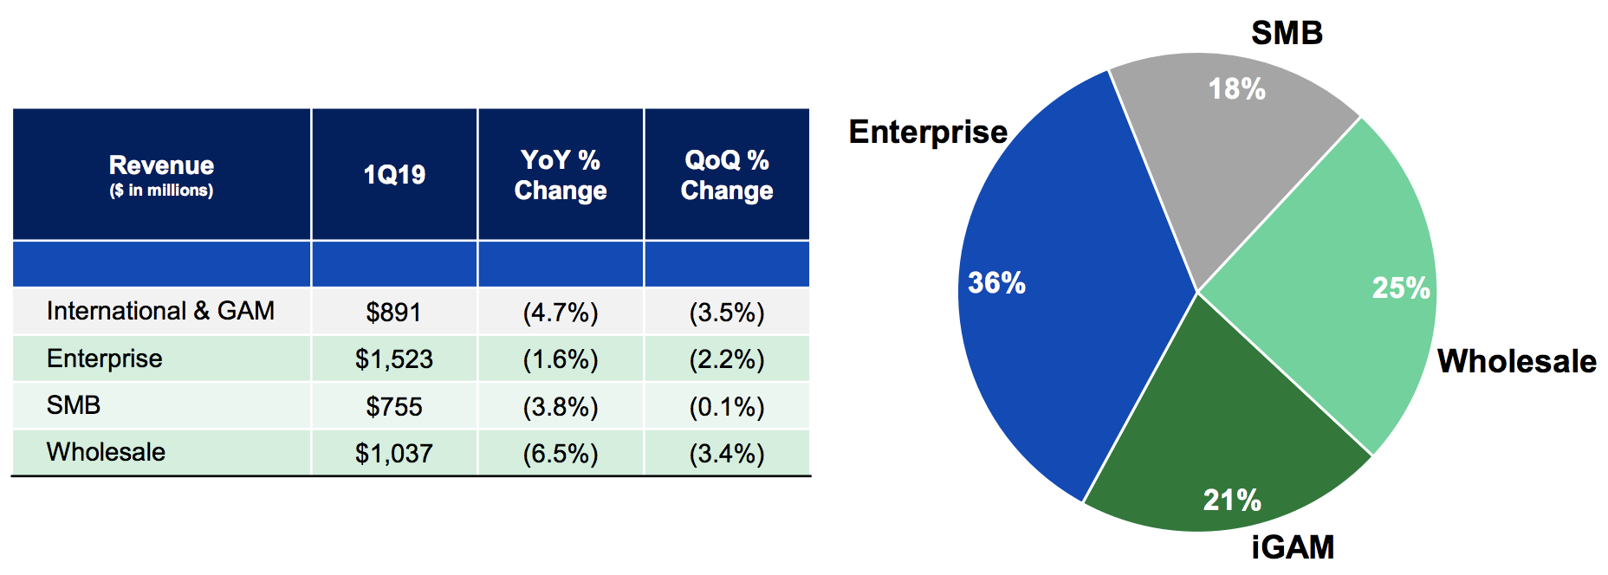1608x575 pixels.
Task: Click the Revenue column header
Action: point(161,175)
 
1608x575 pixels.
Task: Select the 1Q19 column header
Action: point(394,175)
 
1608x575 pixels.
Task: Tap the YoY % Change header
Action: point(561,175)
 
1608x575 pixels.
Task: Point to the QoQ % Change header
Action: point(727,175)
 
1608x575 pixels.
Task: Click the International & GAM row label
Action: point(160,311)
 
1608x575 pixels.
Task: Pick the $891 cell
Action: point(394,312)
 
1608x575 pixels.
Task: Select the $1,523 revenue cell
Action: point(394,359)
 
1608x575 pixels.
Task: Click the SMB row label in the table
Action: point(74,405)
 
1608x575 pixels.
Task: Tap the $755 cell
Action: point(394,406)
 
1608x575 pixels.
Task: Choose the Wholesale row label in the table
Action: point(106,452)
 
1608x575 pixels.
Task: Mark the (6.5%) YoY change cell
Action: point(561,454)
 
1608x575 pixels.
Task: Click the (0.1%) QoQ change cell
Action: point(727,407)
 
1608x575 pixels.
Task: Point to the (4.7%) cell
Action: point(561,313)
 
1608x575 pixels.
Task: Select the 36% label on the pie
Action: point(996,283)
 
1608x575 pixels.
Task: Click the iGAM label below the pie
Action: point(1293,547)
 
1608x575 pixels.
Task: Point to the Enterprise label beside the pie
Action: point(928,132)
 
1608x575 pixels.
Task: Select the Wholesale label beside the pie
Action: point(1517,361)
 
